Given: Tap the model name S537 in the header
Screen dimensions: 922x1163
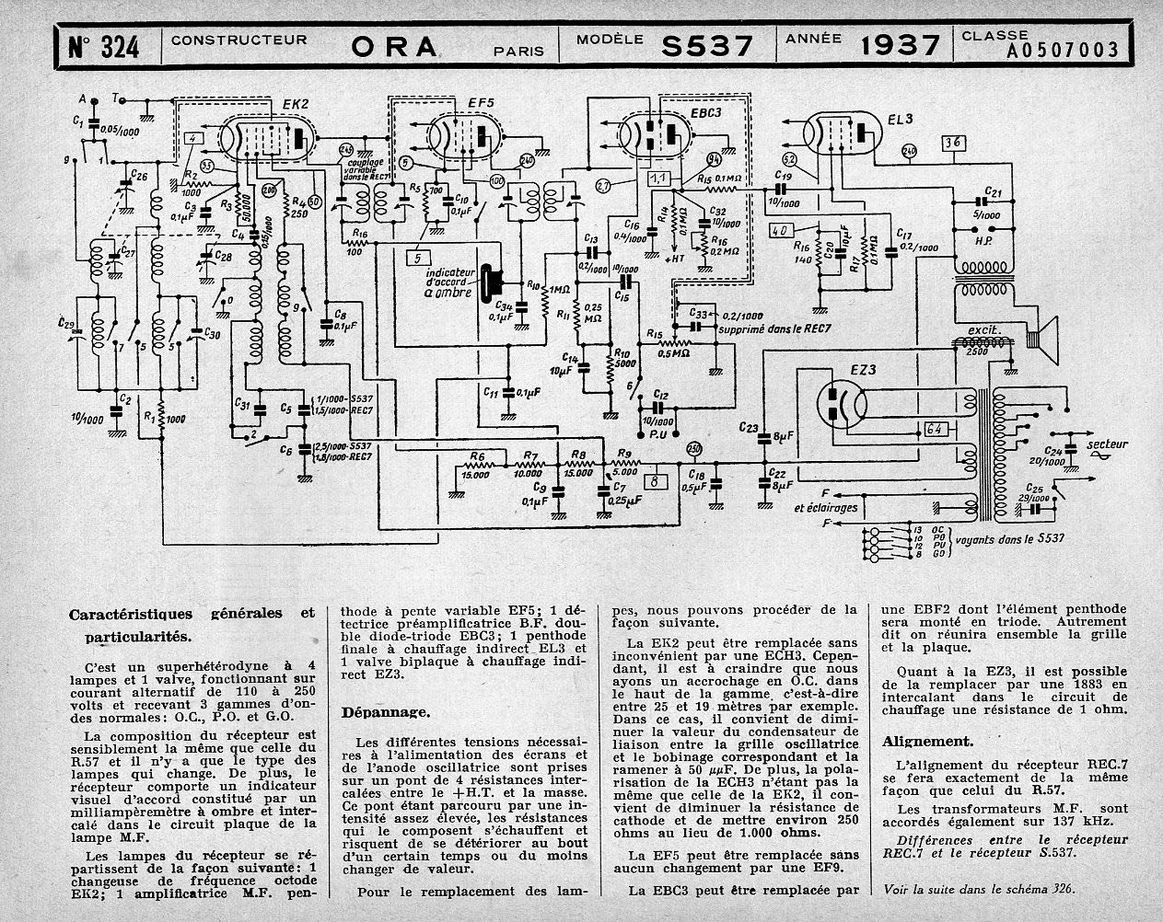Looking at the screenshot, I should tap(707, 45).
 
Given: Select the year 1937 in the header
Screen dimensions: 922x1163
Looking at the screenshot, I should tap(901, 45).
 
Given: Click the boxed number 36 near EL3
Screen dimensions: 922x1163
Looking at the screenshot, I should tap(952, 142).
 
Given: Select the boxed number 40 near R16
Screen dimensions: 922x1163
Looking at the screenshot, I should tap(782, 231).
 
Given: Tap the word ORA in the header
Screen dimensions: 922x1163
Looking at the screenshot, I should tap(393, 47).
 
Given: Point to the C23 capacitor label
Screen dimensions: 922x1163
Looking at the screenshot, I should tap(749, 427).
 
